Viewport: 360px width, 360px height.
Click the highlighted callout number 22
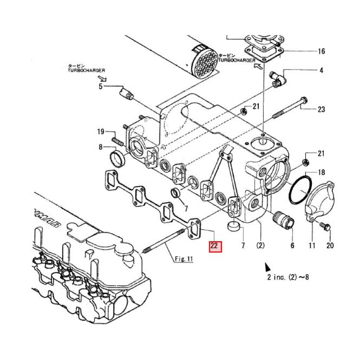click(x=214, y=246)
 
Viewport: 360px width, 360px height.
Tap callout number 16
click(x=321, y=51)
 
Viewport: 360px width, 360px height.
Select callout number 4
click(x=321, y=70)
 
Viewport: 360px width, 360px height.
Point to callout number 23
click(x=321, y=109)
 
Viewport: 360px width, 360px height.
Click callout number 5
click(x=101, y=86)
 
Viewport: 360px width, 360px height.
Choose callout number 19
click(x=101, y=131)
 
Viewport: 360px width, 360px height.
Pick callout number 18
click(x=321, y=172)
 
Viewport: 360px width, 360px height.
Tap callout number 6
click(x=292, y=245)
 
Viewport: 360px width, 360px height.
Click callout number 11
click(x=312, y=245)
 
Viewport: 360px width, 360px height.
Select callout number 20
click(x=330, y=245)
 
